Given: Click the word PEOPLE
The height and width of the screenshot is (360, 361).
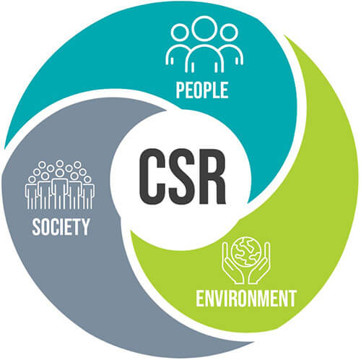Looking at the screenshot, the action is point(202,90).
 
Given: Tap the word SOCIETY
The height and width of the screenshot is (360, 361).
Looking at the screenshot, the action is point(61,227).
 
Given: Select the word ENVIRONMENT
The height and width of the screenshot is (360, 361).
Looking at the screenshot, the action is point(245,299).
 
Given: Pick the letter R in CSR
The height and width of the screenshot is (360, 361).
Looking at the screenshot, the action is point(212,176).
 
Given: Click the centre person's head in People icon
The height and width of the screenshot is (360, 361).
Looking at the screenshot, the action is point(204,28).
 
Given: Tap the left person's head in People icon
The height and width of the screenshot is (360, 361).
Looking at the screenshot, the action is point(180,33).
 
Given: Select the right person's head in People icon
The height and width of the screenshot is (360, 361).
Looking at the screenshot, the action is point(229,33).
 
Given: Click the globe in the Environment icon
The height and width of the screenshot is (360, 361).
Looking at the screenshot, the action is point(245,252).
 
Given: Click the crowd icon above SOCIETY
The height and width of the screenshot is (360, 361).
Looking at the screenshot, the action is point(60,185).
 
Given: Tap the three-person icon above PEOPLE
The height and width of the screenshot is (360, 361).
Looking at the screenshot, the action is point(204,44).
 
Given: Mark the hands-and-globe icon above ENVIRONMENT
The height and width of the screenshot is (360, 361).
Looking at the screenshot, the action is point(246,260).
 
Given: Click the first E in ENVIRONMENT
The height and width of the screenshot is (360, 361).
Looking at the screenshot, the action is point(200,299).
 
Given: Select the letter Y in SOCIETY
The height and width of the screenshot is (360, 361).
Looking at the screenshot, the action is point(85,227).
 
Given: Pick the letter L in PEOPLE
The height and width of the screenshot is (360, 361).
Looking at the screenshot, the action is point(214,90).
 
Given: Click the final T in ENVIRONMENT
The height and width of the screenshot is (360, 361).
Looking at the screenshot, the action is point(291,299).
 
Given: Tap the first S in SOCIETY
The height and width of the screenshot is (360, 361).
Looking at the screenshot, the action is point(36,227).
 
